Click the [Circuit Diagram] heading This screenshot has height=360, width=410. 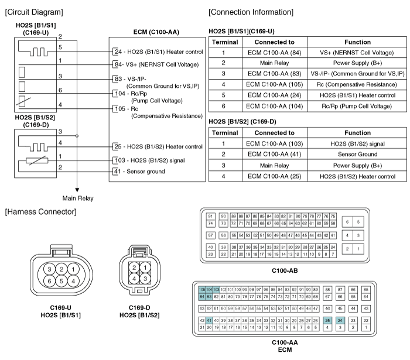coord(34,12)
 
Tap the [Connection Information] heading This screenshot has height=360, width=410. coord(251,12)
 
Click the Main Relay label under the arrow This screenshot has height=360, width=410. coord(78,198)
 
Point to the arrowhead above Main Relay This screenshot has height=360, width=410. coord(77,190)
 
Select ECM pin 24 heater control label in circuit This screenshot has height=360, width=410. coord(159,52)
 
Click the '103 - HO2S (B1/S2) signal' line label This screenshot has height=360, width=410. coord(150,160)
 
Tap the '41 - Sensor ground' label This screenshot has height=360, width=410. coord(139,172)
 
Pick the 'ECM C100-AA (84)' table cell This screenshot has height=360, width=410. coord(275,53)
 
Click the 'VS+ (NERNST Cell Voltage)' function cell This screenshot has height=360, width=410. coord(357,53)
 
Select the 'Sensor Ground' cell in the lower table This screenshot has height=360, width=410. coord(357,154)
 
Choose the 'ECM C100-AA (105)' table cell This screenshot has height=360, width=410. coord(275,84)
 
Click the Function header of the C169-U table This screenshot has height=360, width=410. coord(357,42)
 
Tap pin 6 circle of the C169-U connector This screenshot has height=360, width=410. coord(49,281)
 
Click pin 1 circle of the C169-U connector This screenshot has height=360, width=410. coord(73,269)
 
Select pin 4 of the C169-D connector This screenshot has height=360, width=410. coord(134,279)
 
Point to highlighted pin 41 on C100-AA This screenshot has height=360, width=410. coord(209,321)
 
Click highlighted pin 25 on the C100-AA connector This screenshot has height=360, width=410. coord(327,321)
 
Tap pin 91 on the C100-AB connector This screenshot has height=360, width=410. coord(210,217)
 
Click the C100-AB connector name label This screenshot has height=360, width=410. coord(285,270)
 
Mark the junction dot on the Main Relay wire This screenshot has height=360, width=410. coord(77,136)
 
